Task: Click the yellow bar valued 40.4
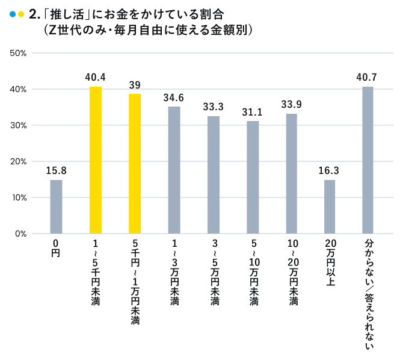pyautogui.click(x=95, y=160)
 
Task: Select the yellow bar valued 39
pyautogui.click(x=135, y=164)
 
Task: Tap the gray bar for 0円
pyautogui.click(x=56, y=206)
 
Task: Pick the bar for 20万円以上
pyautogui.click(x=330, y=206)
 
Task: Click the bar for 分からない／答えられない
pyautogui.click(x=368, y=160)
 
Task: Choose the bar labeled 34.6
pyautogui.click(x=174, y=170)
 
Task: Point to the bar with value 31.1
pyautogui.click(x=253, y=177)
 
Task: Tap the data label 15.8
pyautogui.click(x=56, y=170)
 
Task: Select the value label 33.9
pyautogui.click(x=291, y=104)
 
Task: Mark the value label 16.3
pyautogui.click(x=329, y=170)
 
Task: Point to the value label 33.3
pyautogui.click(x=213, y=107)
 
